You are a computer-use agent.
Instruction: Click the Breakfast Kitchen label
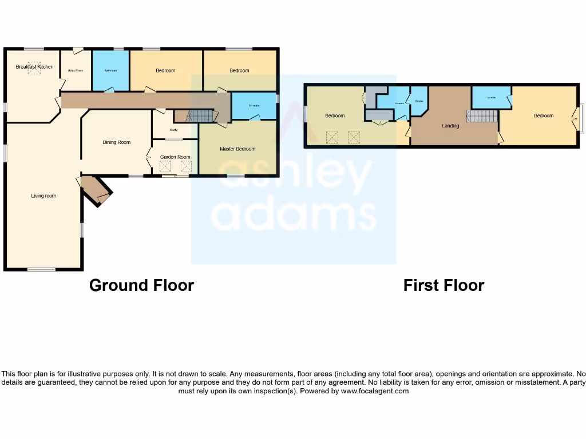click(34, 67)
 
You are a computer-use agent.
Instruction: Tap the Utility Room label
click(76, 70)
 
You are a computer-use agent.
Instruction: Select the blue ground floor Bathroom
click(110, 70)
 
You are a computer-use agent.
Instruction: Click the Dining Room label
click(117, 142)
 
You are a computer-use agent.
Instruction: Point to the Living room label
click(43, 196)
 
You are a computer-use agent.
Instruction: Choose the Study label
click(174, 130)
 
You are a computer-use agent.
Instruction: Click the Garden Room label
click(175, 157)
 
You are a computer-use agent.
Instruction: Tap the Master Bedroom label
click(237, 149)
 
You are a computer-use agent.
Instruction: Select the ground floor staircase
click(201, 116)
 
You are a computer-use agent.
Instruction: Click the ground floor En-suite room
click(254, 106)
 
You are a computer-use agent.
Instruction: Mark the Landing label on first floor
click(450, 126)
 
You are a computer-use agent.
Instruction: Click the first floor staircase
click(482, 116)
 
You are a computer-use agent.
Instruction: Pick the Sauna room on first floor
click(419, 101)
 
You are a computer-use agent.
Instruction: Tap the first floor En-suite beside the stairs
click(491, 97)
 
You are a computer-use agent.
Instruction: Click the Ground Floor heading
click(141, 285)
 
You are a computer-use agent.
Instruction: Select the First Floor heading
click(444, 285)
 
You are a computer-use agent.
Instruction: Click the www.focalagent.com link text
click(375, 392)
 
